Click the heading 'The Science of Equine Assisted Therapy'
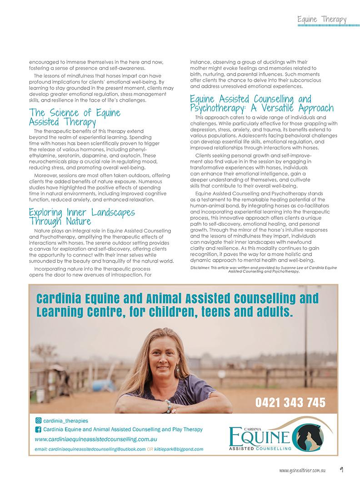pyautogui.click(x=75, y=117)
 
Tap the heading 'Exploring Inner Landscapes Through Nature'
pyautogui.click(x=82, y=217)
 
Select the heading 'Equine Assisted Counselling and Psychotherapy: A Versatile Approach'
pyautogui.click(x=262, y=104)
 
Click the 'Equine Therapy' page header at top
pyautogui.click(x=322, y=20)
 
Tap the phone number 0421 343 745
pyautogui.click(x=291, y=402)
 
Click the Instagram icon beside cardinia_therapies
pyautogui.click(x=38, y=421)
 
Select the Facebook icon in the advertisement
pyautogui.click(x=38, y=430)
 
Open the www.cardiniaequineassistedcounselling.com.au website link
pyautogui.click(x=96, y=439)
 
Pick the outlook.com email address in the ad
pyautogui.click(x=90, y=449)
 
